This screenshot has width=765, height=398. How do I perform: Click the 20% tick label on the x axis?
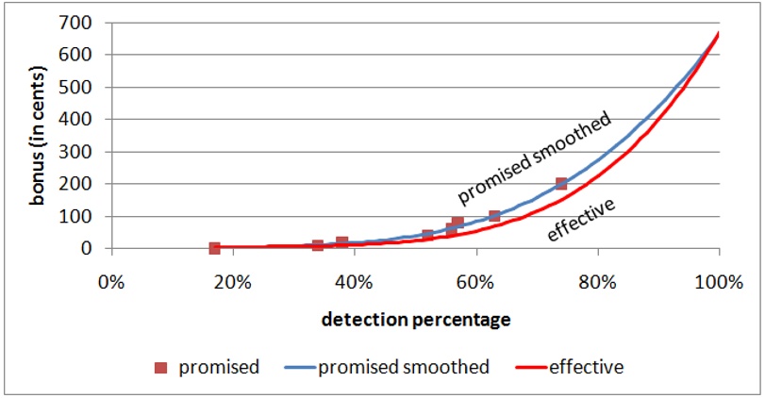232,282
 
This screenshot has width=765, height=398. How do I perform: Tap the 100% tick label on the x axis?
719,282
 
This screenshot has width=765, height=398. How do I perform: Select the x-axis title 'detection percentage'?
416,320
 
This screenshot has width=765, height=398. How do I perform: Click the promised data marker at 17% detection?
214,248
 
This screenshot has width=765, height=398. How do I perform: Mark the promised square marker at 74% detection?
561,184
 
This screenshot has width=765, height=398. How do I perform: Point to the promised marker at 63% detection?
494,216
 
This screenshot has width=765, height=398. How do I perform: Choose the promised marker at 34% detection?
318,245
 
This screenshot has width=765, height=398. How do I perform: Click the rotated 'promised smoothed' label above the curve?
534,158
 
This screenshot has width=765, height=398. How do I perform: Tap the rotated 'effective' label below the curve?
581,218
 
